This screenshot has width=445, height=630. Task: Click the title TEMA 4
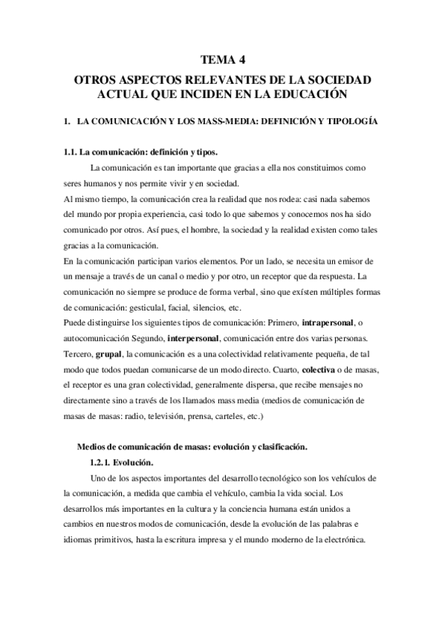(x=223, y=60)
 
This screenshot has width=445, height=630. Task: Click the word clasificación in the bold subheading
(x=279, y=446)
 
